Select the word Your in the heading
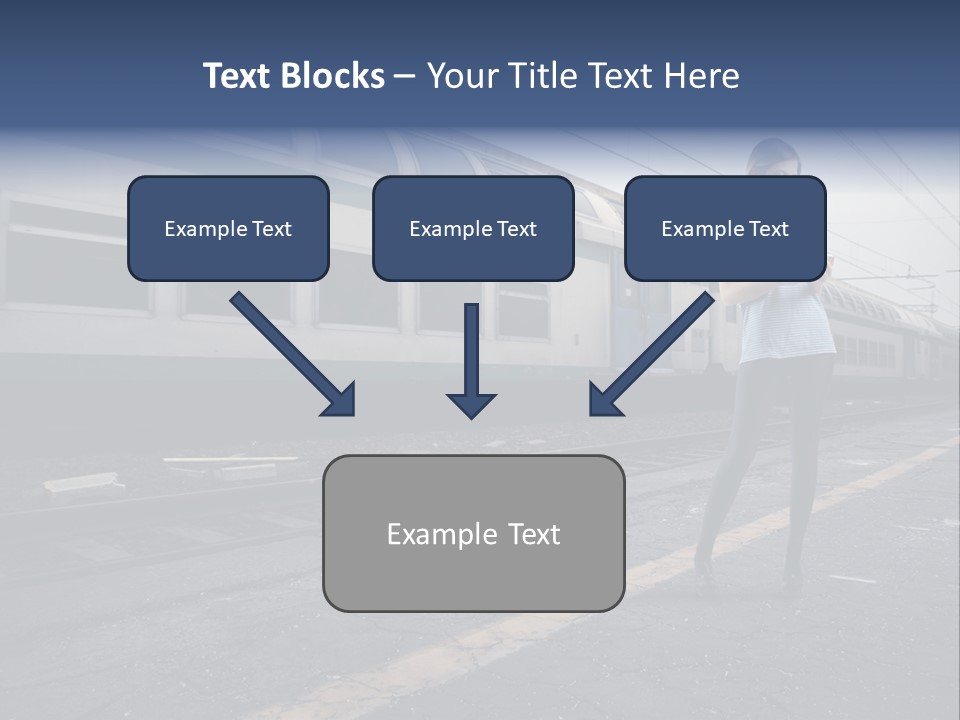pyautogui.click(x=463, y=76)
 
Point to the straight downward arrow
pyautogui.click(x=472, y=360)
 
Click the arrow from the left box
pyautogui.click(x=290, y=352)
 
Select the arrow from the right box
pyautogui.click(x=655, y=352)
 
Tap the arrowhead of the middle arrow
pyautogui.click(x=472, y=405)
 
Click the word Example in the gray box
pyautogui.click(x=442, y=534)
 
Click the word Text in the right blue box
pyautogui.click(x=767, y=229)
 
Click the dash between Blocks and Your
pyautogui.click(x=405, y=77)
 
